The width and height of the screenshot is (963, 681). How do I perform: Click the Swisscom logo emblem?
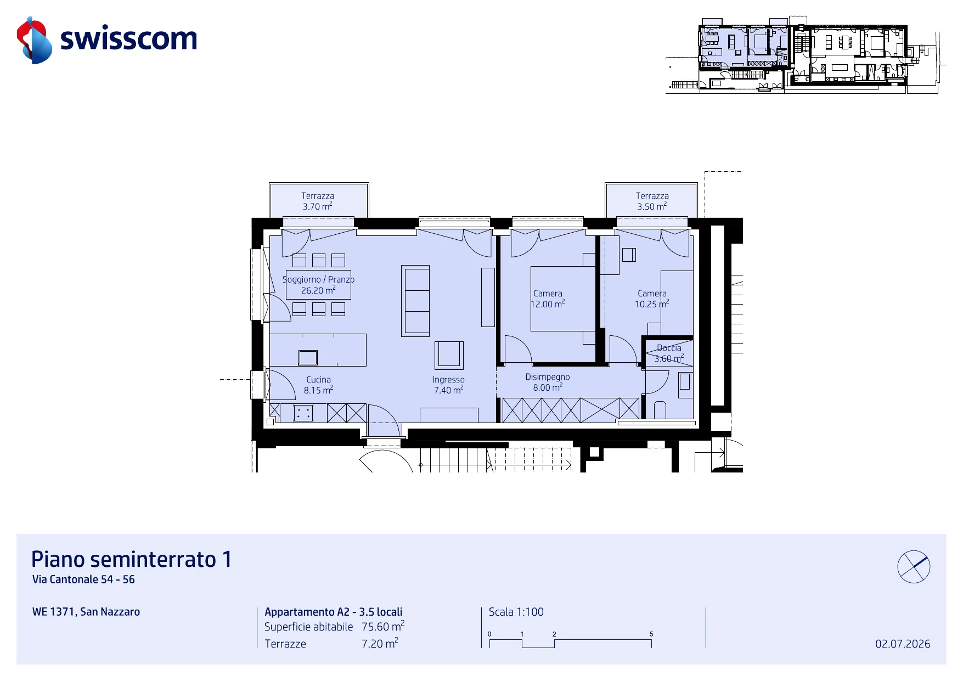34,40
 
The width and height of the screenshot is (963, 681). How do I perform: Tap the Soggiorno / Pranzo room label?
318,285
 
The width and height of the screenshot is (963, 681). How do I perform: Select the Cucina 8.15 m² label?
318,385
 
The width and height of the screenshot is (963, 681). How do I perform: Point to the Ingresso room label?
448,385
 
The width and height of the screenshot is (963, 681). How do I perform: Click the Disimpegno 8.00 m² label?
548,382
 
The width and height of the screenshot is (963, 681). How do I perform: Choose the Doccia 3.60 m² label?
669,353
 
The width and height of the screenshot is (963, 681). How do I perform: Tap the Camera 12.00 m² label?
548,299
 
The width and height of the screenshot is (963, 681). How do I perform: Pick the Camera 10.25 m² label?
652,299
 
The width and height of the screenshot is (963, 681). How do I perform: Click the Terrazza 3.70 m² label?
318,201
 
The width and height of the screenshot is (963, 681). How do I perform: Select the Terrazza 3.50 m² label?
652,201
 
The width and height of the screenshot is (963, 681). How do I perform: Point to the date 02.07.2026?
903,644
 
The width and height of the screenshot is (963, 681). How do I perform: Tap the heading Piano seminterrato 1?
132,559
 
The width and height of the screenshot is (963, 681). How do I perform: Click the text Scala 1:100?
516,612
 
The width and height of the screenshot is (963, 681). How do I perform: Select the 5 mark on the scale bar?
651,634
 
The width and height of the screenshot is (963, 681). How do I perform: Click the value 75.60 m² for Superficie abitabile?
383,626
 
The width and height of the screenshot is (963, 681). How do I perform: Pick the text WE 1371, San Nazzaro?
86,612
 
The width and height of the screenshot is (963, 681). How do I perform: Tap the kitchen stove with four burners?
303,413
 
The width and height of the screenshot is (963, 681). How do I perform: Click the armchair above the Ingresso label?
449,355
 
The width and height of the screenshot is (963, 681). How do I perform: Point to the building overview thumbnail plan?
806,55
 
